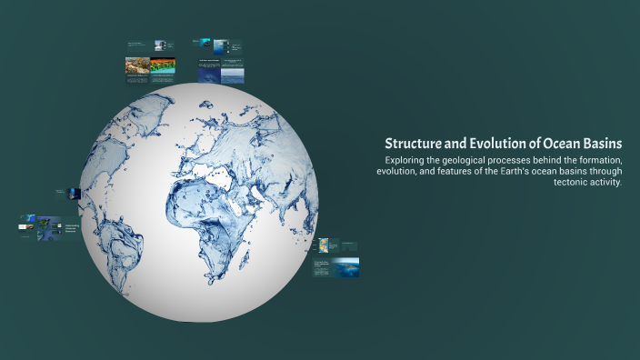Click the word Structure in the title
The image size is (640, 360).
(x=414, y=144)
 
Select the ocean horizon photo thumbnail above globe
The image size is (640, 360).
(x=234, y=73)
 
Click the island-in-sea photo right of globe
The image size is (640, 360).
(x=345, y=266)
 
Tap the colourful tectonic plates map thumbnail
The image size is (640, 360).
(x=324, y=245)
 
